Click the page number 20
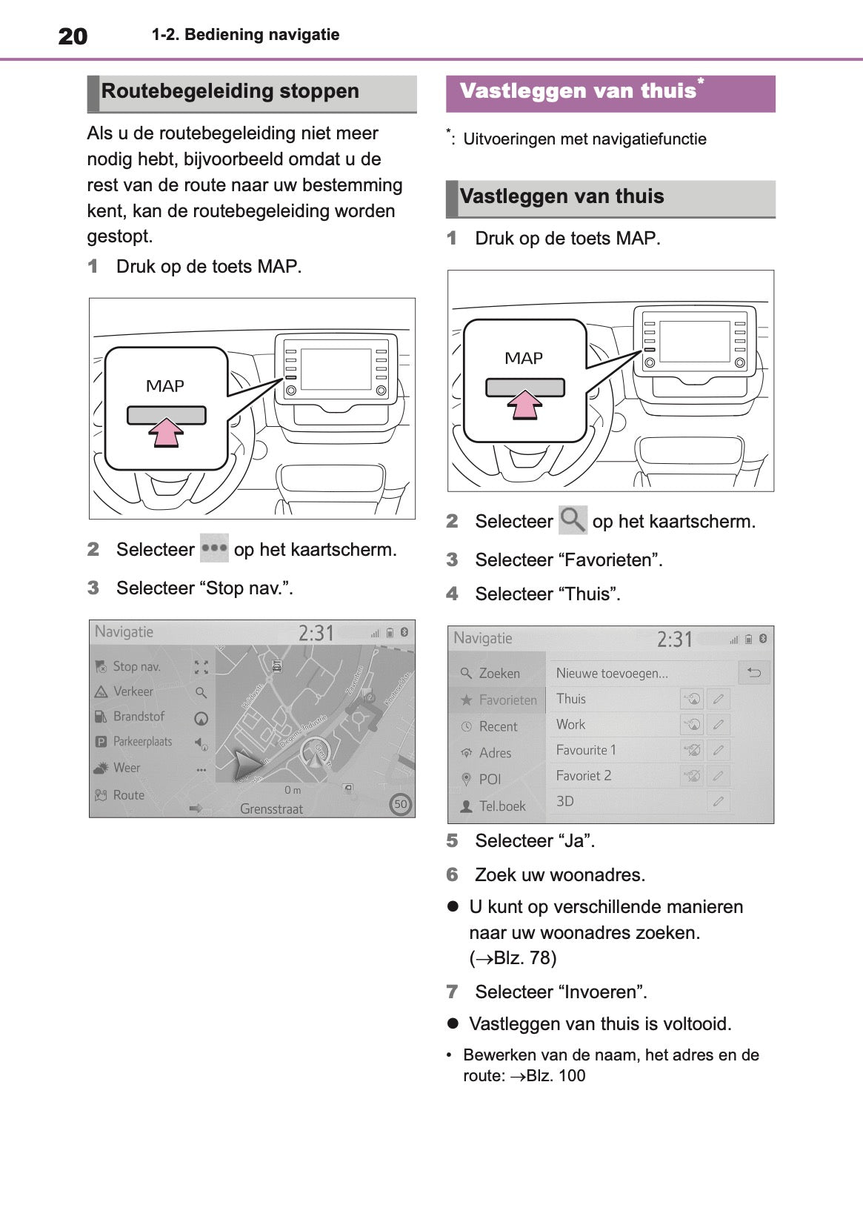(73, 36)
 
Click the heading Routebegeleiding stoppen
(230, 92)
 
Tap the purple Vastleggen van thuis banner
(610, 93)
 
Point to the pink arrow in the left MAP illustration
(167, 432)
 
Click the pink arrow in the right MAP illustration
(524, 405)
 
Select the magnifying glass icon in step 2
(572, 520)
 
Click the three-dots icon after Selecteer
(214, 548)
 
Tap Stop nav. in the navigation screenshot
(136, 666)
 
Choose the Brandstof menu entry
(139, 717)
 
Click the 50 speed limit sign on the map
(401, 804)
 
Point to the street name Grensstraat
(271, 809)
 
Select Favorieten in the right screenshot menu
(507, 700)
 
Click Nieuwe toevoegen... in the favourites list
(612, 673)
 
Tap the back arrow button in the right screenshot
(754, 673)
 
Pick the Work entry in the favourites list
(570, 724)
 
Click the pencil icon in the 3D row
(718, 801)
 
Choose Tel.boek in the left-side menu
(502, 806)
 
